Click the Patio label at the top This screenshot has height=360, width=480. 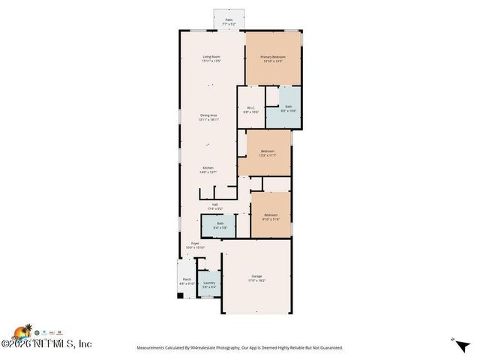coord(228,22)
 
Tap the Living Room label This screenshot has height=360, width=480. coord(211,58)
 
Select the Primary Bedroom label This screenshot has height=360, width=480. coord(273,58)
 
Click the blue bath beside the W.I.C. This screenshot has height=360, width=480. coord(289,108)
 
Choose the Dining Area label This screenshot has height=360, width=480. coord(208,117)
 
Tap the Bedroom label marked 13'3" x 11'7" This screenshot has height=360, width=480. coord(268,154)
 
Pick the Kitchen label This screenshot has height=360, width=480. coord(208,170)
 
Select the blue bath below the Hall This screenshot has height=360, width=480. coord(220,225)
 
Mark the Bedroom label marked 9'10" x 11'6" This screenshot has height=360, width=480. coord(271,217)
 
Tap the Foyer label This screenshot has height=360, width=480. coord(194,245)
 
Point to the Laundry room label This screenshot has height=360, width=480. coord(209,284)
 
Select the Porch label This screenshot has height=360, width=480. coord(186,281)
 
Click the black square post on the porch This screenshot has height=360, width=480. coord(180,295)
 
